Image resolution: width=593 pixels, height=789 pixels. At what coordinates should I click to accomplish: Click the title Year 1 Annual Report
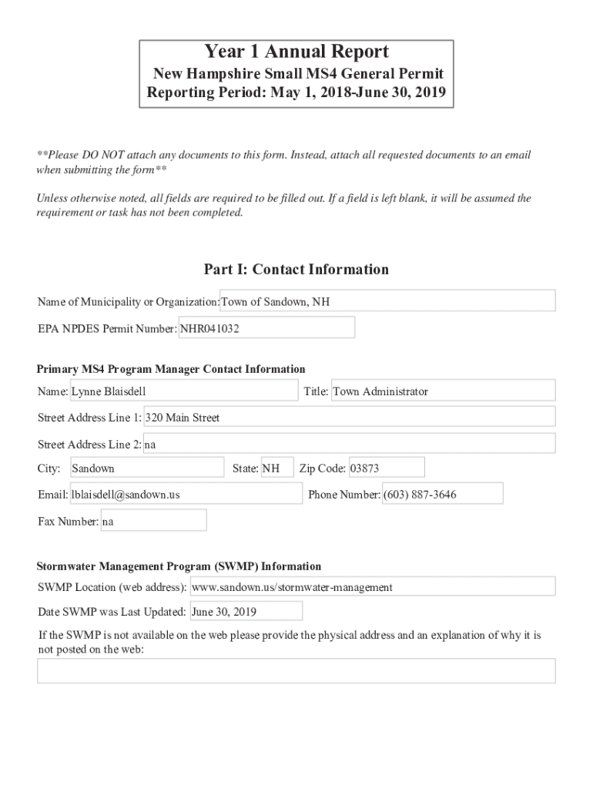point(296,52)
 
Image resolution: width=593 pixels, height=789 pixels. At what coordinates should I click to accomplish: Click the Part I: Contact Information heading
point(296,270)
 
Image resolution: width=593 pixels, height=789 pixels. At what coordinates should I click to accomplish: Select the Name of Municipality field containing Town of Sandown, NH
point(387,301)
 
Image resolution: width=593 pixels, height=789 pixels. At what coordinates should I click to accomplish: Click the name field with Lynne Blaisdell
point(184,391)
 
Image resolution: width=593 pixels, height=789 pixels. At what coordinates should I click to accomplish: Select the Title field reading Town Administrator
point(443,391)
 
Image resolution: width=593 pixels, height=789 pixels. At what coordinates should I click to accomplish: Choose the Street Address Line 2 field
point(349,445)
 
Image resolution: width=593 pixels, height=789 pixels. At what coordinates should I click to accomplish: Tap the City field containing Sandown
point(146,468)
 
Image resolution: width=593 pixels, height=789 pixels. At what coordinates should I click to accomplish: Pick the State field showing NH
point(276,468)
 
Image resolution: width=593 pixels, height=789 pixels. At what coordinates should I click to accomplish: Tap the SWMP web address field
point(372,587)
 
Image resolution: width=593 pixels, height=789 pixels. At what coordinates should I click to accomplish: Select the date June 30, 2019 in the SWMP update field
point(245,612)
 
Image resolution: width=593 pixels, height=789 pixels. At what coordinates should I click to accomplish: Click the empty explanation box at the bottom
point(296,671)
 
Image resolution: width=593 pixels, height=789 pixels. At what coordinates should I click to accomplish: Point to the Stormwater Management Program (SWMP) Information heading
point(179,566)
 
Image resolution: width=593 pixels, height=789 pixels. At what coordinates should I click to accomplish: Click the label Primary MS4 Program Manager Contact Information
point(171,370)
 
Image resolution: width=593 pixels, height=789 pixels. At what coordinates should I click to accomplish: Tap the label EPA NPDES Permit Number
point(107,328)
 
